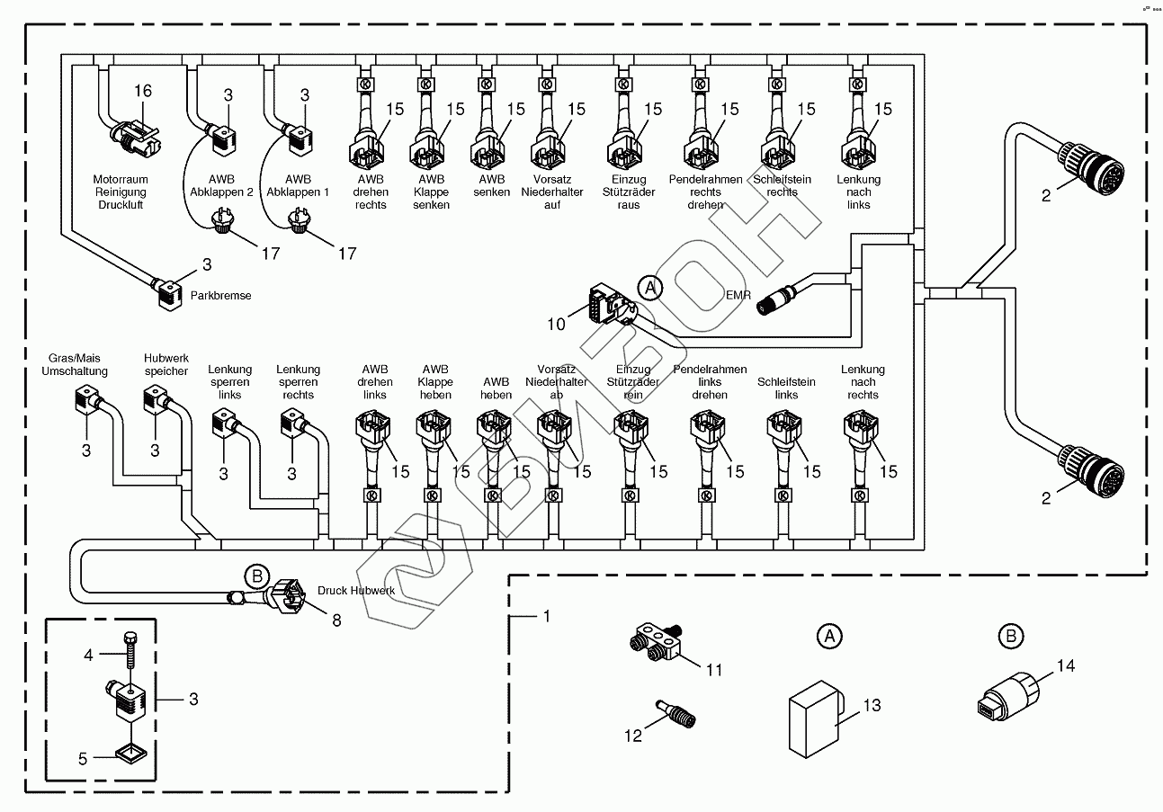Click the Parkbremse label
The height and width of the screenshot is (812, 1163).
click(221, 295)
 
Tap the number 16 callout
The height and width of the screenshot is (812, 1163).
click(143, 91)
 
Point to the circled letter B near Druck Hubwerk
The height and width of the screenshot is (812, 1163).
click(256, 576)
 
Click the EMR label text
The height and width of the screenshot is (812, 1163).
click(738, 293)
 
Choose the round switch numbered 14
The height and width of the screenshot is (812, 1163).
click(1003, 704)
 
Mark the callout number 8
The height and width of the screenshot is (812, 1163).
click(336, 620)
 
